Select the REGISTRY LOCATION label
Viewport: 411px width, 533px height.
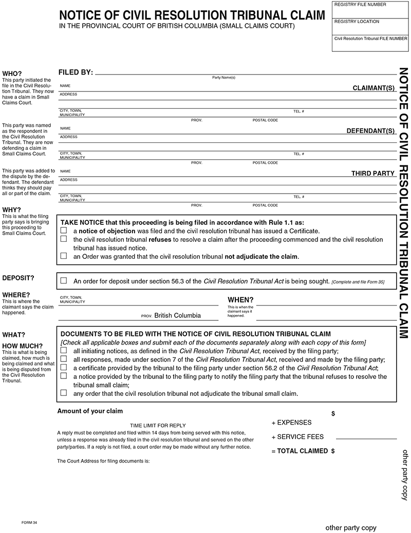[x=357, y=22]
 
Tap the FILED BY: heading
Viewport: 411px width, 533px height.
[x=76, y=72]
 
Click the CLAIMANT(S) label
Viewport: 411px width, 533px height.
[x=373, y=88]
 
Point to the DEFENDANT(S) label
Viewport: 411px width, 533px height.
[x=370, y=131]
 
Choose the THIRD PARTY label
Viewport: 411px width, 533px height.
[x=372, y=174]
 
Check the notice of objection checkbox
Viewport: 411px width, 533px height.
[x=64, y=231]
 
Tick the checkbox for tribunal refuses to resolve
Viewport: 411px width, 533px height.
[x=64, y=239]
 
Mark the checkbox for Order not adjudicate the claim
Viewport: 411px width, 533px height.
[x=64, y=256]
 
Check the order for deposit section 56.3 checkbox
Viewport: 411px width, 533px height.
[x=64, y=281]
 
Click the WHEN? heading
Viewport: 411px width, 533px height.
[x=240, y=300]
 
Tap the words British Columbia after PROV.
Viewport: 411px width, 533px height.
[x=177, y=315]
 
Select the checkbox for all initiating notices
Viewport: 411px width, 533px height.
[x=64, y=351]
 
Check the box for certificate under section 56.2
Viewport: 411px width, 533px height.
[x=64, y=368]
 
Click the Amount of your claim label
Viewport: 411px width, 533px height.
[x=90, y=411]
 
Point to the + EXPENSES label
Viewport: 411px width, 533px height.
[x=291, y=423]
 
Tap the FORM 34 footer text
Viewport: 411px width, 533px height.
[x=29, y=522]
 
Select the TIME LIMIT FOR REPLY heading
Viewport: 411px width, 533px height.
[x=158, y=426]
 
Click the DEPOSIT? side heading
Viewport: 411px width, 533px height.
[x=18, y=278]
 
